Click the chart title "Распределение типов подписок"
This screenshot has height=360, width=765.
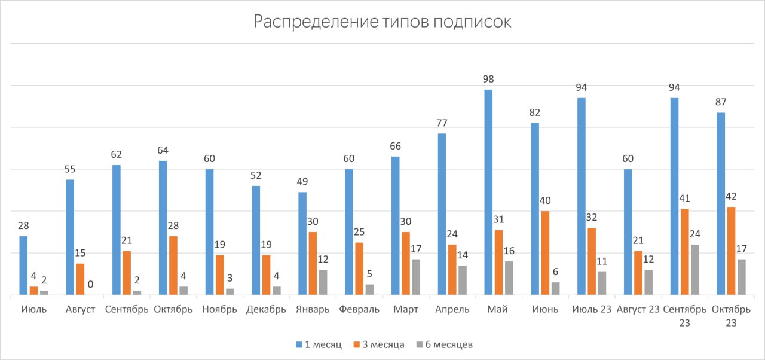pos(382,22)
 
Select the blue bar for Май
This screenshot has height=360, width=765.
pos(488,192)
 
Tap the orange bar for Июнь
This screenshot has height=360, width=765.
pos(545,253)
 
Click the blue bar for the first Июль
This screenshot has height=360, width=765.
pos(23,266)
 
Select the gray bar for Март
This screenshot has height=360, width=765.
pos(416,277)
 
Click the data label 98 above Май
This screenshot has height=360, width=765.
pos(488,79)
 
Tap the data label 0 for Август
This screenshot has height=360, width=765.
pos(90,285)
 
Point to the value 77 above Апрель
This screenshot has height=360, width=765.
pos(442,123)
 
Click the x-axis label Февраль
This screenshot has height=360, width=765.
pos(359,310)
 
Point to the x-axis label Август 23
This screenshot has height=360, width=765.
pos(638,310)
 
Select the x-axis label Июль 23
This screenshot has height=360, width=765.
pos(591,310)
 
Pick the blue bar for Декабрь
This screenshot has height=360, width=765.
pos(256,240)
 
